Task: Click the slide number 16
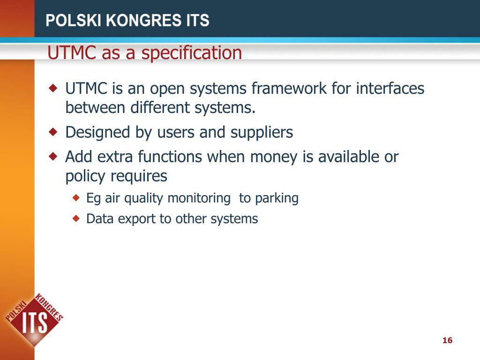click(x=447, y=340)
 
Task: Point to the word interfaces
click(x=390, y=88)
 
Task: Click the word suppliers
click(x=262, y=133)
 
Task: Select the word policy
click(x=85, y=177)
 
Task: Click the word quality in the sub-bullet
click(x=144, y=198)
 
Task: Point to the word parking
click(x=277, y=198)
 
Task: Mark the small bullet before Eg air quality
click(x=77, y=198)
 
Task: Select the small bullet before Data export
click(x=77, y=218)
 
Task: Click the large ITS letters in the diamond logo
click(x=36, y=322)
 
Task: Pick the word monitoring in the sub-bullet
click(x=199, y=198)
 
